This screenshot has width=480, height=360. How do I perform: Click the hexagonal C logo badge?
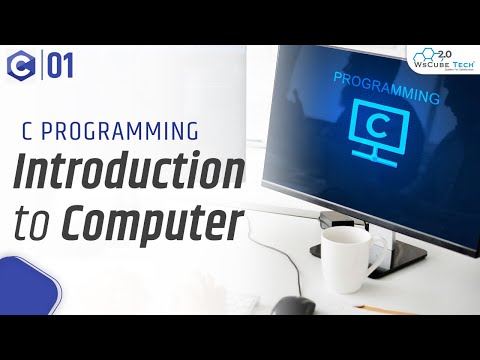(x=21, y=68)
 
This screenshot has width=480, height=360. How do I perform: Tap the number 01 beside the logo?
(x=59, y=68)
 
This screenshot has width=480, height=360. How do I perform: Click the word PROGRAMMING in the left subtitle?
(x=127, y=130)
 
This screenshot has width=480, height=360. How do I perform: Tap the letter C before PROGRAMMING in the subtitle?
(x=26, y=130)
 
